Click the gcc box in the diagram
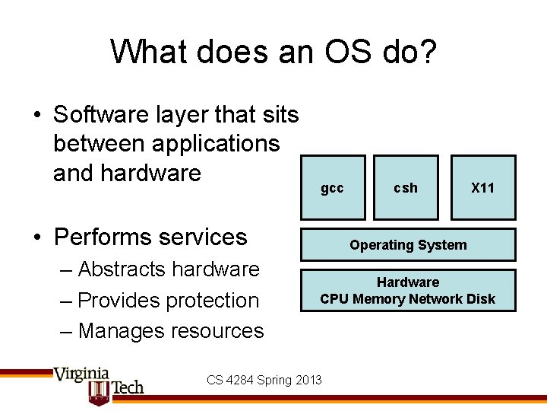[x=333, y=187]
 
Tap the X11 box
[x=482, y=187]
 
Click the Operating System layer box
[x=408, y=245]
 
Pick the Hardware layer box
[x=408, y=290]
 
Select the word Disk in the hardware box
[x=480, y=299]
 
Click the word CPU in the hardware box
[x=335, y=299]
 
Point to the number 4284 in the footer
[x=240, y=380]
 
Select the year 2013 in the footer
[x=308, y=380]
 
